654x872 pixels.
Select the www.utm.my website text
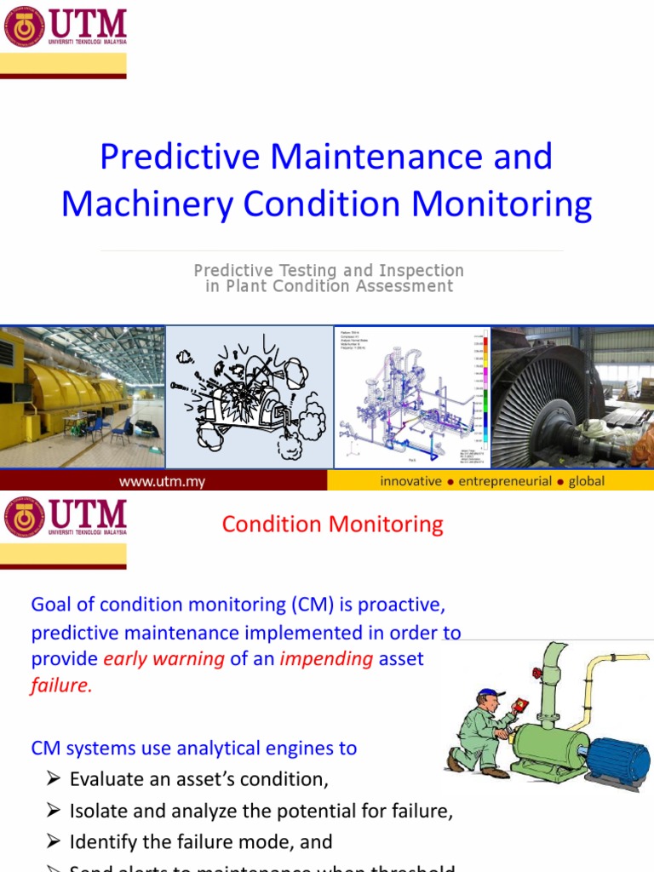pyautogui.click(x=162, y=481)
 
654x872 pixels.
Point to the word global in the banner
pyautogui.click(x=587, y=481)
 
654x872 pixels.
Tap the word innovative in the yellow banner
pyautogui.click(x=410, y=481)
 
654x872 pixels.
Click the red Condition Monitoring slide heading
pyautogui.click(x=332, y=524)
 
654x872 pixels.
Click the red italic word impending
pyautogui.click(x=326, y=659)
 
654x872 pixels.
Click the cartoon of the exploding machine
pyautogui.click(x=249, y=396)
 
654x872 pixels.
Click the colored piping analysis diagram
pyautogui.click(x=412, y=396)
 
